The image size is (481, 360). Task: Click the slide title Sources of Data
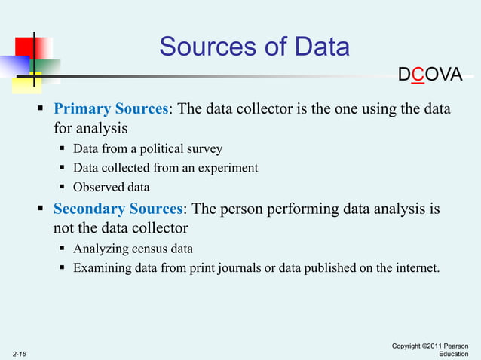254,47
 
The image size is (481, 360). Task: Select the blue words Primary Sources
110,109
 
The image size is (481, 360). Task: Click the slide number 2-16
20,352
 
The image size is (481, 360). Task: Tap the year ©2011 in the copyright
440,346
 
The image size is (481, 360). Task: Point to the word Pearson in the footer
464,346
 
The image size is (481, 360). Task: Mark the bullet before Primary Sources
42,110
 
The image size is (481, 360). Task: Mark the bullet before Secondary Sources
42,209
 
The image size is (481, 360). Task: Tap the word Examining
101,267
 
